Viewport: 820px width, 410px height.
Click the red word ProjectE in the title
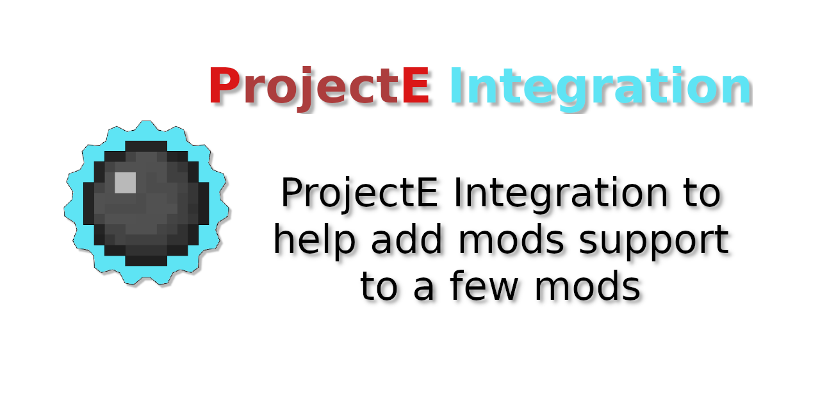(319, 88)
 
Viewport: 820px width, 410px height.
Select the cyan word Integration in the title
(600, 88)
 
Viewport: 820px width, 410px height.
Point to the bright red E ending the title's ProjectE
(416, 85)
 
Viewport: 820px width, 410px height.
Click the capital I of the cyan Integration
(455, 85)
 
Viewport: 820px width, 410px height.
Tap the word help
(315, 240)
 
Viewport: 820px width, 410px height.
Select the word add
(407, 239)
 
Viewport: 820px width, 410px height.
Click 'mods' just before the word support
(511, 239)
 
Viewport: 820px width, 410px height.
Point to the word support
(654, 242)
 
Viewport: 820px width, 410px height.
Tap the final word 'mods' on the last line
(587, 285)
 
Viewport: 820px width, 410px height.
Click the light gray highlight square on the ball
(125, 183)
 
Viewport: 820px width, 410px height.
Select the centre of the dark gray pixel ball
(146, 203)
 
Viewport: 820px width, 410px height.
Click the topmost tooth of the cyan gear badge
(146, 125)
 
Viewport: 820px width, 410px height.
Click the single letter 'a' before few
(424, 288)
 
